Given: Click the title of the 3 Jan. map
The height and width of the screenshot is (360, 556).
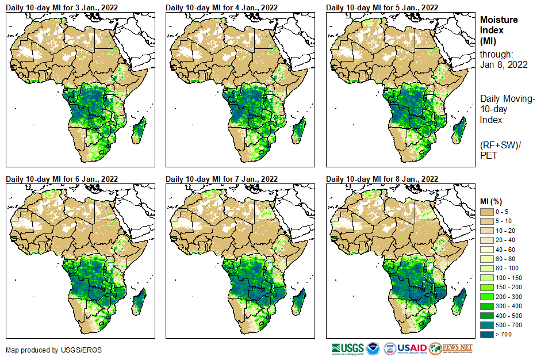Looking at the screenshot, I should pyautogui.click(x=62, y=7).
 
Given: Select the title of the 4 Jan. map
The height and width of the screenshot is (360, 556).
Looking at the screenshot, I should pyautogui.click(x=222, y=7).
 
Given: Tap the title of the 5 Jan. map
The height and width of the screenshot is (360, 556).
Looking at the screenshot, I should pyautogui.click(x=382, y=7).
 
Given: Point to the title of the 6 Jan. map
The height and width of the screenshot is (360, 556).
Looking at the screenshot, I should pyautogui.click(x=62, y=179).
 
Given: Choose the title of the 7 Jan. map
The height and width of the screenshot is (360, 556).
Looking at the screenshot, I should pyautogui.click(x=222, y=179).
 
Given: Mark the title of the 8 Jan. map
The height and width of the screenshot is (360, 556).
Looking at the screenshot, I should pyautogui.click(x=382, y=179).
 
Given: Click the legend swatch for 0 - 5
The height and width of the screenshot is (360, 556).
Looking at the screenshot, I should pyautogui.click(x=486, y=212).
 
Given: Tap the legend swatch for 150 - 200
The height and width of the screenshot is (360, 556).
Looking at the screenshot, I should pyautogui.click(x=486, y=286).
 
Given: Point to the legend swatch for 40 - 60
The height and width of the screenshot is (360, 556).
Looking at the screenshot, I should pyautogui.click(x=486, y=250).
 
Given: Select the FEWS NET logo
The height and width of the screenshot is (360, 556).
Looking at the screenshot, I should pyautogui.click(x=451, y=348).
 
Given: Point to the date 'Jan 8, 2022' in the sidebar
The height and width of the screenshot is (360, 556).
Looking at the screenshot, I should pyautogui.click(x=504, y=64).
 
